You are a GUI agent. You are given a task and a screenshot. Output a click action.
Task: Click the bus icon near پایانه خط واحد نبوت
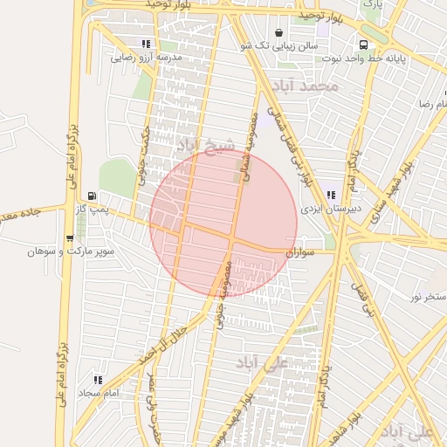click(x=361, y=45)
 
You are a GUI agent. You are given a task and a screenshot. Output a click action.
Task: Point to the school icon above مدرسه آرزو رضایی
click(x=145, y=44)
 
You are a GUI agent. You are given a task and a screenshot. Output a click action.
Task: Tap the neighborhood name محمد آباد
click(x=303, y=86)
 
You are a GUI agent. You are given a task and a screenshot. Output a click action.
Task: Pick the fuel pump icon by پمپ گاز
click(x=93, y=196)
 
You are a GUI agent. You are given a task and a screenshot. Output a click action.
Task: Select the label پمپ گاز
click(x=93, y=210)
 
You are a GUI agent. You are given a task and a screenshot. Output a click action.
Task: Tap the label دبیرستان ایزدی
click(x=325, y=210)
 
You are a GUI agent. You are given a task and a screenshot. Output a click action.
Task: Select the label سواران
click(x=298, y=251)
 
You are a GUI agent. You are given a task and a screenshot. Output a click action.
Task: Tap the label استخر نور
click(x=428, y=297)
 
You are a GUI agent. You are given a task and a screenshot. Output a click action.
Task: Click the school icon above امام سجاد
click(x=98, y=381)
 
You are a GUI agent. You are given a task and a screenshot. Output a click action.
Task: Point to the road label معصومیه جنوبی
click(x=221, y=292)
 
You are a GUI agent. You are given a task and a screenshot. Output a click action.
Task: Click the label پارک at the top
click(x=373, y=5)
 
